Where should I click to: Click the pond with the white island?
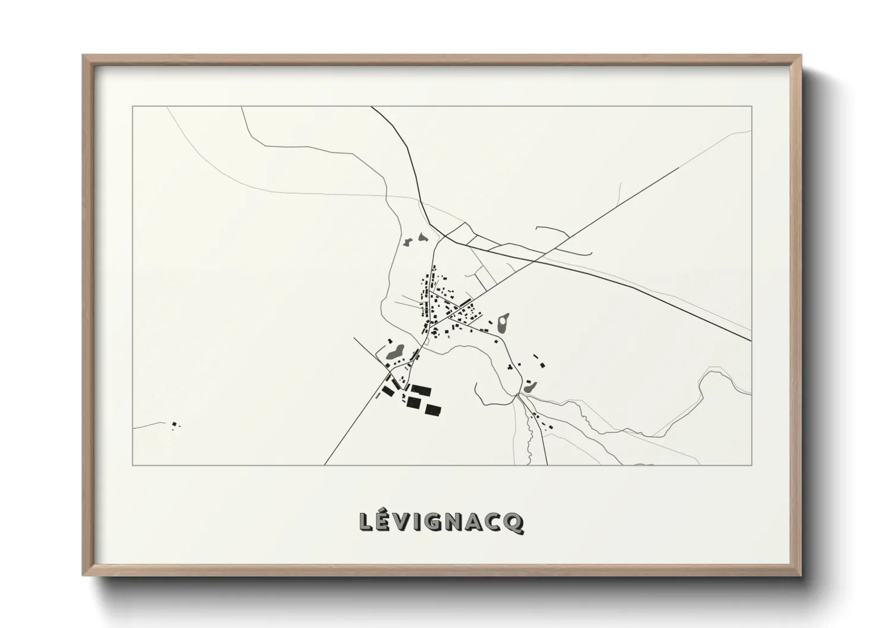(x=504, y=323)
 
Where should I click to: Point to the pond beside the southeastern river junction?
(x=529, y=386)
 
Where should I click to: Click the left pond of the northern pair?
(x=408, y=242)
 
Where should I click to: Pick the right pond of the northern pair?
(x=422, y=237)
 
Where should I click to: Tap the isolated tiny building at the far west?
(x=175, y=424)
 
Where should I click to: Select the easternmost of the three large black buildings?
(x=433, y=410)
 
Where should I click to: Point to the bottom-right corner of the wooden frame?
(x=801, y=575)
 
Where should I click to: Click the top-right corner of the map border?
(x=751, y=106)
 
